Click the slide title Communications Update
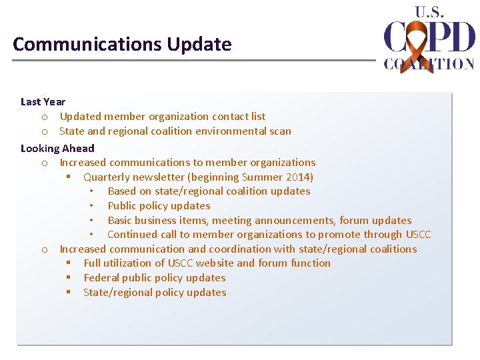[122, 45]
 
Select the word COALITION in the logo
[429, 64]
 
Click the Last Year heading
[43, 102]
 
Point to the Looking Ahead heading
[57, 148]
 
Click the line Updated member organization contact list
[162, 117]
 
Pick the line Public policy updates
[159, 206]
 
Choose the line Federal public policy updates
[154, 278]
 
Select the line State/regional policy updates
[154, 293]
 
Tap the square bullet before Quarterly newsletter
[68, 177]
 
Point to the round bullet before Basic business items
[91, 221]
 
